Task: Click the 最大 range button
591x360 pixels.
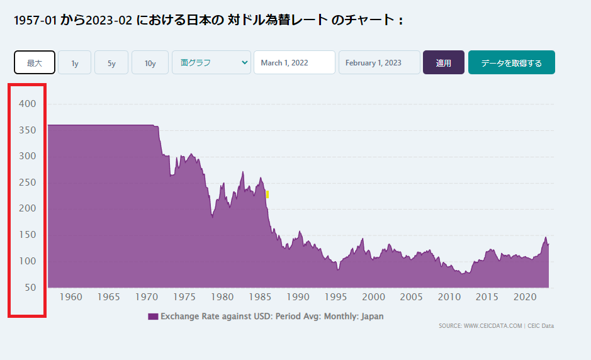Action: point(35,62)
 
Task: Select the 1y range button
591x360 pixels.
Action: point(74,62)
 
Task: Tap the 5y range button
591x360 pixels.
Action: point(111,62)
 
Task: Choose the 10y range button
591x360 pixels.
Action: point(150,62)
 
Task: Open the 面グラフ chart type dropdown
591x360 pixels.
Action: point(211,62)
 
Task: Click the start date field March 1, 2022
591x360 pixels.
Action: point(294,62)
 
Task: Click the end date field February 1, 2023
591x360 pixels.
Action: point(379,62)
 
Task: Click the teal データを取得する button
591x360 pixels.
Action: point(511,62)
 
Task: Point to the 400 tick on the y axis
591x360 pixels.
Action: point(28,103)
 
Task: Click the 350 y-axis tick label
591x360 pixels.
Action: point(28,130)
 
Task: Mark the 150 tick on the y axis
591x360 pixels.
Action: point(28,235)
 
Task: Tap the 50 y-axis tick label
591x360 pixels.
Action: point(30,288)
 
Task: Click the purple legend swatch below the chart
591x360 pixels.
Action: point(153,316)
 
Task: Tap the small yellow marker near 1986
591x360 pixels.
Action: point(267,194)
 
